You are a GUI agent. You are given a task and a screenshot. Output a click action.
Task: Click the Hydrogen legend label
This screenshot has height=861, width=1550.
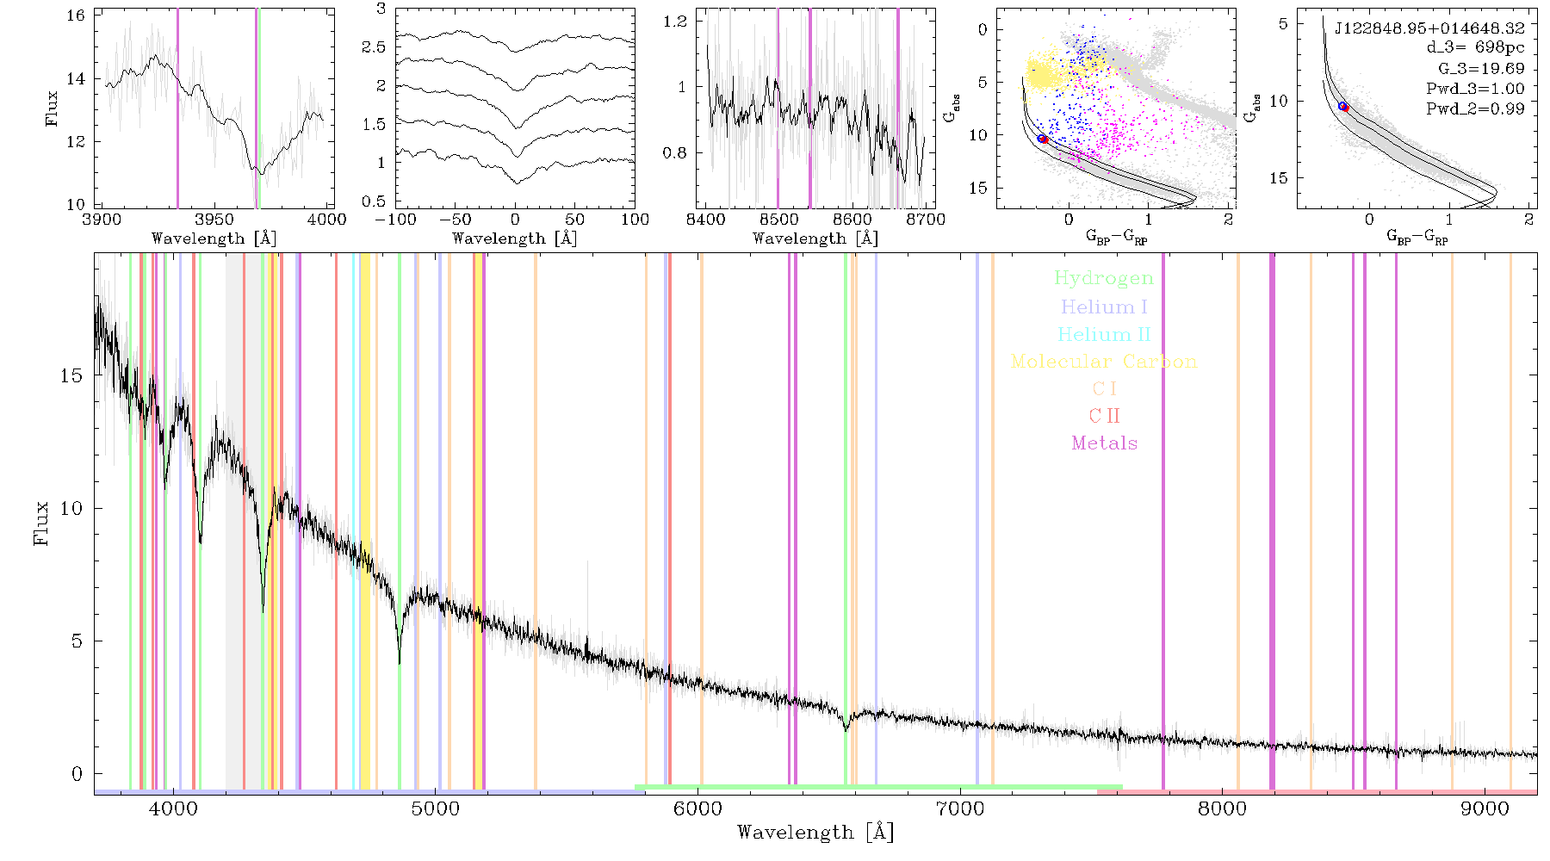(x=1103, y=279)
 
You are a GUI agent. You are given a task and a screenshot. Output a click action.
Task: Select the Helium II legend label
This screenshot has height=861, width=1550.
(x=1104, y=334)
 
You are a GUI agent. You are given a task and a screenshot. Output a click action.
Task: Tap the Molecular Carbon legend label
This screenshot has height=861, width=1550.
(x=1104, y=362)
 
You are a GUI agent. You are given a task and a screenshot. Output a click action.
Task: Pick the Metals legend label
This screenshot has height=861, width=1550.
(x=1105, y=443)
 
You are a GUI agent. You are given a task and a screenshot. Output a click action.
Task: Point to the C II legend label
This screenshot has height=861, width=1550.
(x=1104, y=416)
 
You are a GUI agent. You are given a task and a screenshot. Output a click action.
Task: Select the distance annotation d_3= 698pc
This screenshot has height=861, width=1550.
(x=1475, y=48)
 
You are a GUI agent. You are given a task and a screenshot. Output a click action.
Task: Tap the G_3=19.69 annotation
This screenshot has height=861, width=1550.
(x=1481, y=69)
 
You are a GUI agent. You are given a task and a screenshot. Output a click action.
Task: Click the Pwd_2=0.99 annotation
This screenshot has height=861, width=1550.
(x=1475, y=109)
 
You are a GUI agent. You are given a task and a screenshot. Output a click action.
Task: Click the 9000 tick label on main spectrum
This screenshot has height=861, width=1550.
(x=1485, y=808)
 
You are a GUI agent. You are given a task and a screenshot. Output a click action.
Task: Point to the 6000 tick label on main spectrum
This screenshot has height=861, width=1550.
(x=698, y=808)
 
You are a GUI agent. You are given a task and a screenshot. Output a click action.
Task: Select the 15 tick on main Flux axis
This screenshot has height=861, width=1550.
(x=71, y=375)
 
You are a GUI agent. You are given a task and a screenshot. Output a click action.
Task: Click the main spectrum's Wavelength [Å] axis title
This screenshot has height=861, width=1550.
(x=815, y=833)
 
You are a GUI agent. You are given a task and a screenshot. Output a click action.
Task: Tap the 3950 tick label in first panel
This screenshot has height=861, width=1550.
(x=215, y=220)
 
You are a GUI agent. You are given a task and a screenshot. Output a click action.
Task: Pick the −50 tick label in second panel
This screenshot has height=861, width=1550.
(x=456, y=220)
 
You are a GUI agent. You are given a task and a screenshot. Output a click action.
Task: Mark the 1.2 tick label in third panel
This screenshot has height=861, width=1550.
(x=676, y=21)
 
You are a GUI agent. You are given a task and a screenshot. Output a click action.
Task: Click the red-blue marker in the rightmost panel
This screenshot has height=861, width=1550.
(x=1343, y=106)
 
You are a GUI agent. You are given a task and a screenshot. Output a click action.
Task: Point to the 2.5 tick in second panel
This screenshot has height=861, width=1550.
(x=374, y=47)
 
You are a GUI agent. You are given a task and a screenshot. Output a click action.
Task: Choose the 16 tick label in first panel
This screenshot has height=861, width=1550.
(x=76, y=15)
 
